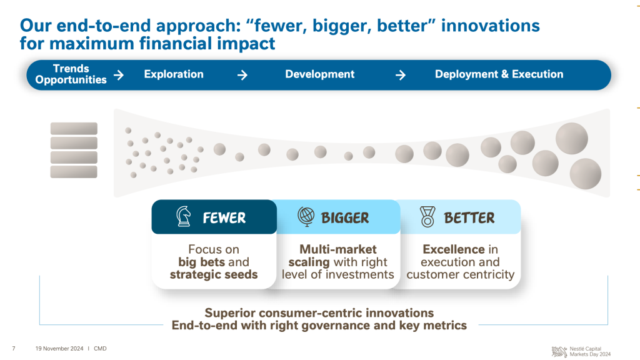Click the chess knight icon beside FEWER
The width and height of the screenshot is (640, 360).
[184, 216]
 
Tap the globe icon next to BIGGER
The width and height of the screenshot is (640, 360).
[306, 216]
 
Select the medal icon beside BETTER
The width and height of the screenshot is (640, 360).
[427, 216]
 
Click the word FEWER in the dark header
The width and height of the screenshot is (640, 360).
[224, 218]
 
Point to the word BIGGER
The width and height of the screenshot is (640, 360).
[345, 218]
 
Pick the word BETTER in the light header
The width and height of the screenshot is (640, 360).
[469, 218]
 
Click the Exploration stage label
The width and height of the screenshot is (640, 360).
[174, 74]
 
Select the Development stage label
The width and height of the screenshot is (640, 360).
[320, 74]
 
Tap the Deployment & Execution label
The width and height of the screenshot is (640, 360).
[499, 74]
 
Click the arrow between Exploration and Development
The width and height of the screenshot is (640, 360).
[242, 75]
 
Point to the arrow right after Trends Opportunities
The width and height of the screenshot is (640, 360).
[119, 75]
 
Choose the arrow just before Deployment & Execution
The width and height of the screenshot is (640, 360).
[401, 75]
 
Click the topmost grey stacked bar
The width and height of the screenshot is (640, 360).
[74, 129]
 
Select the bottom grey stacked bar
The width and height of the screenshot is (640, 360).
[74, 172]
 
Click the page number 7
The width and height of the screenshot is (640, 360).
[14, 349]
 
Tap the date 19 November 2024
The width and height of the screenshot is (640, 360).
[59, 349]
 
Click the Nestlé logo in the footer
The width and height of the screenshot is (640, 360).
[559, 351]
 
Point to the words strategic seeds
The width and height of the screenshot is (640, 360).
[214, 275]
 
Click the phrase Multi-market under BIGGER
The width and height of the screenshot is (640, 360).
[338, 249]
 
